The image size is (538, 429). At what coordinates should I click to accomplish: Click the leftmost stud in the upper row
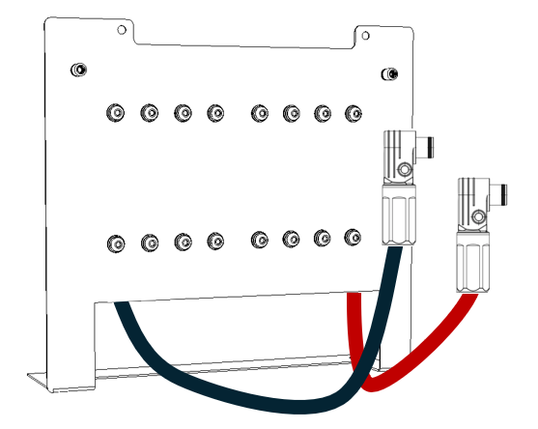pos(115,113)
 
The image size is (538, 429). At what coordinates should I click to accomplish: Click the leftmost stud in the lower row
pos(115,241)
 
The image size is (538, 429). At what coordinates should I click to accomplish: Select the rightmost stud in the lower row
pos(354,237)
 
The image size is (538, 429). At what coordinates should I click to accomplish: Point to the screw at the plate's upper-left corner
pos(78,70)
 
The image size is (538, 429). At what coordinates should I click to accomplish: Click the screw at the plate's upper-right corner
pos(388,73)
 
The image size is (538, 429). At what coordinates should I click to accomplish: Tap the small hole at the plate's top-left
pos(121,30)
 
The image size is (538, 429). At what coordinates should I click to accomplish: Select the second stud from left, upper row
pos(149,113)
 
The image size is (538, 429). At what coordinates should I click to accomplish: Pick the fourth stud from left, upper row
pos(216,113)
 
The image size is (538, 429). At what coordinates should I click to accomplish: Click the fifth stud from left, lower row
pos(259,239)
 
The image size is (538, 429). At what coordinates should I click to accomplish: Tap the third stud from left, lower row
pos(183,241)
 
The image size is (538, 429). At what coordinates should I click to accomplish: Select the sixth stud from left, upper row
pos(291,113)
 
